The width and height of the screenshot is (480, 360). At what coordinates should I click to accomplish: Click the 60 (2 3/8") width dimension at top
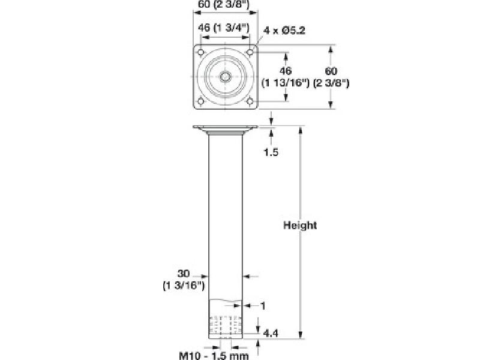pos(224,6)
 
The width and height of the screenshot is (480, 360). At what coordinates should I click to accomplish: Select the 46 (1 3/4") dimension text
pos(224,28)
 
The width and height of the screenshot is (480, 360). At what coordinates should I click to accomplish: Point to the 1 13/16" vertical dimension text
pos(285,83)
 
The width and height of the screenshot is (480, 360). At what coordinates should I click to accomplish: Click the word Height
pos(300,226)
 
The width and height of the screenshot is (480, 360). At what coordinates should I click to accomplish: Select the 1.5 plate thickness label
pos(271,152)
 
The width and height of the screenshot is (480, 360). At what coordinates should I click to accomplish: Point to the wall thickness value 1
pos(262,306)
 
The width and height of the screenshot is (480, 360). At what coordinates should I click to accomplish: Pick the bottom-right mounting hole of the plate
pos(249,101)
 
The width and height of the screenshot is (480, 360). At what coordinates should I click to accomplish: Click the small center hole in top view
pos(226,77)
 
